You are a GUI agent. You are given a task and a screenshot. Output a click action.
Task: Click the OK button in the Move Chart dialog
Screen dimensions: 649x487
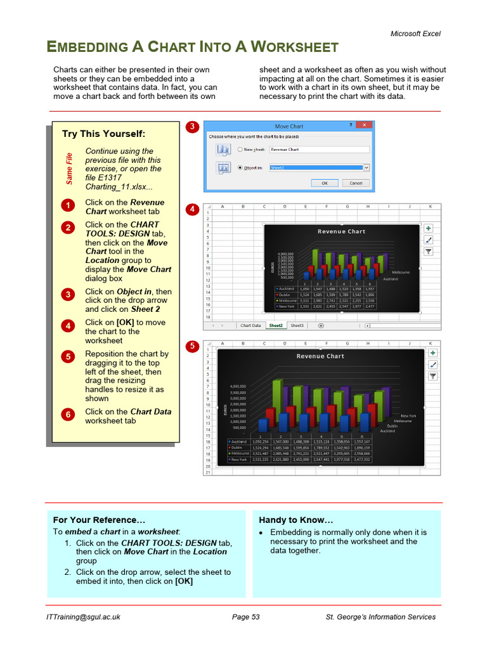325,183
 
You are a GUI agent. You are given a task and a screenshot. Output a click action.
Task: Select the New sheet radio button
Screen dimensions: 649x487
240,150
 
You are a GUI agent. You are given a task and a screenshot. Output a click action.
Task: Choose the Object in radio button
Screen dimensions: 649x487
240,168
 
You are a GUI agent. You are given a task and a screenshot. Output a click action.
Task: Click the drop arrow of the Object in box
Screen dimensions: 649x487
366,168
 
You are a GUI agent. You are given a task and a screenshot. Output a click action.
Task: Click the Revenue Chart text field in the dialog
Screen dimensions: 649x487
319,150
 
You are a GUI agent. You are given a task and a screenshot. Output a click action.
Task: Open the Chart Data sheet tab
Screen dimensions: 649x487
250,325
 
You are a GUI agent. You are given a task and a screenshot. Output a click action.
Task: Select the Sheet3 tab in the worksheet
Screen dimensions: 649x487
297,325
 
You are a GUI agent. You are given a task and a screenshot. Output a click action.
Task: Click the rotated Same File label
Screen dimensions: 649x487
69,169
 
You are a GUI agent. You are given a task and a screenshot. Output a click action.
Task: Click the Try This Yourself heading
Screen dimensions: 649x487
103,134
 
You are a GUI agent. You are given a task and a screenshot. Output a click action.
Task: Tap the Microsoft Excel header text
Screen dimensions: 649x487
415,34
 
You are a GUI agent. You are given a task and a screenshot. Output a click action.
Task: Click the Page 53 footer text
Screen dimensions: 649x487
246,617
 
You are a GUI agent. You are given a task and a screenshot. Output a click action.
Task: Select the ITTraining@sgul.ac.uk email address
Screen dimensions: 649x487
83,617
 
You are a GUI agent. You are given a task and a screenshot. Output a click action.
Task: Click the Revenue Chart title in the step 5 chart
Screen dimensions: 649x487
320,356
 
